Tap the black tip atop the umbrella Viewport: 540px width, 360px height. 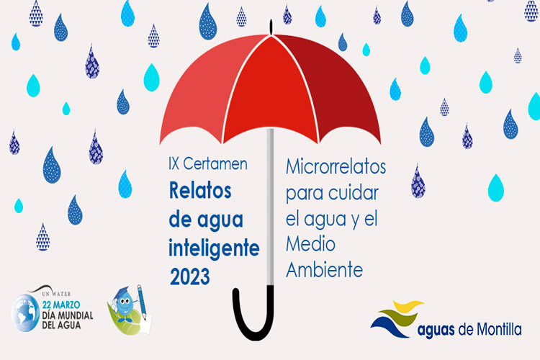point(271,27)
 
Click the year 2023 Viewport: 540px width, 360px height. point(190,276)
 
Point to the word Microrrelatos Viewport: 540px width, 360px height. point(336,167)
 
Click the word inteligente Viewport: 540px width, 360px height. point(214,248)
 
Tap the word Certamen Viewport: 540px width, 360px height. point(215,163)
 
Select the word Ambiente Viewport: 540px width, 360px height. point(325,269)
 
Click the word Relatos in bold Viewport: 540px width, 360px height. point(200,191)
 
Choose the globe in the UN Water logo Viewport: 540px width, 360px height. point(25,312)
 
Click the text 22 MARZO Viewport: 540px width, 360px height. point(61,305)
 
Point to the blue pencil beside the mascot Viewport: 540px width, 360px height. point(142,302)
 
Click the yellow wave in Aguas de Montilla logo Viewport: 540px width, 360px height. point(408,306)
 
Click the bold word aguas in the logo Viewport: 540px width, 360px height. point(436,330)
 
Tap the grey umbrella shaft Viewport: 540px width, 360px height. point(271,207)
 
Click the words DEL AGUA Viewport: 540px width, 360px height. point(61,325)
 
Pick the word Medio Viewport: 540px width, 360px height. point(310,244)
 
